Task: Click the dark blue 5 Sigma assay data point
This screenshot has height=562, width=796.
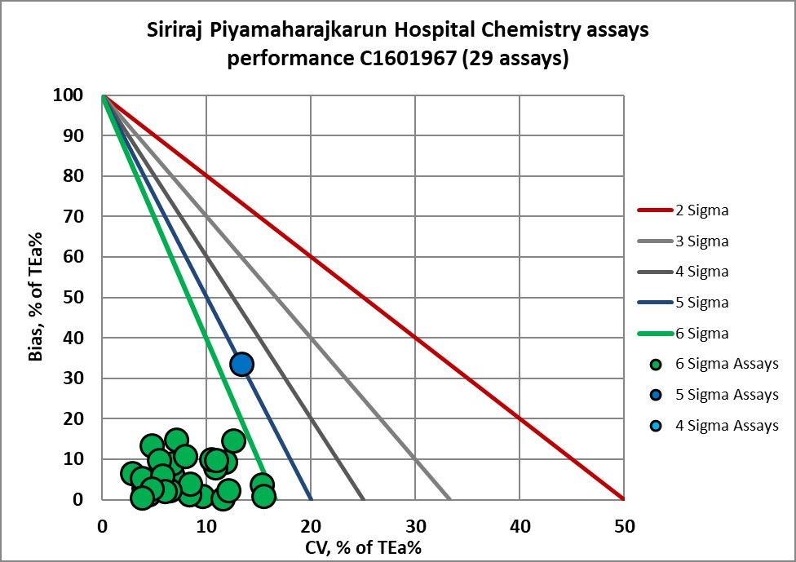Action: coord(241,364)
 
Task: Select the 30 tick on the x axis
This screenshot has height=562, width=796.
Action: coord(415,528)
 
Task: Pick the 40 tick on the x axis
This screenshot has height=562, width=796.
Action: coord(520,528)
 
